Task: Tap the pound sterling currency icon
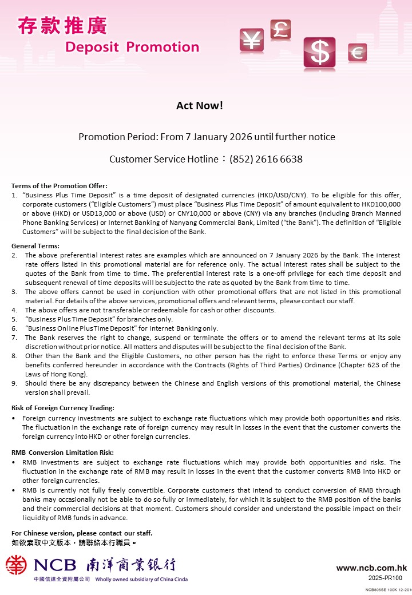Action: [x=280, y=29]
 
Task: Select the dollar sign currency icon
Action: [x=320, y=53]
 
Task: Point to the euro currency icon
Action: [x=357, y=53]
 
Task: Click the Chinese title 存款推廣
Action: [x=62, y=25]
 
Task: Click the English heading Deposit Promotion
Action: [x=132, y=47]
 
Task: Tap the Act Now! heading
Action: [x=200, y=106]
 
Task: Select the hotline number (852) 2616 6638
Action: [x=266, y=159]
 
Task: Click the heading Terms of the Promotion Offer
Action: [x=60, y=186]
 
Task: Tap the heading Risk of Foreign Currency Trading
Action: [x=63, y=408]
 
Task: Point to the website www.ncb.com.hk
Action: [x=371, y=568]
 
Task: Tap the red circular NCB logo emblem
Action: [x=17, y=565]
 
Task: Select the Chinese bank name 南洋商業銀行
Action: [x=130, y=565]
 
